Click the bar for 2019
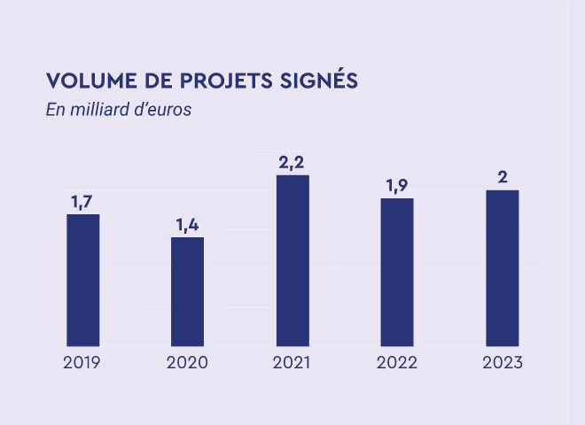coord(82,279)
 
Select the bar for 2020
coord(187,290)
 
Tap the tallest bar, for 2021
coord(292,259)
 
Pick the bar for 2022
coord(397,271)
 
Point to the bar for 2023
coord(502,267)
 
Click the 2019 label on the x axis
coord(82,363)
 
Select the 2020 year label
coord(187,363)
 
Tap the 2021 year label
coord(292,363)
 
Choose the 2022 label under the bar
coord(397,363)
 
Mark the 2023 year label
coord(503,363)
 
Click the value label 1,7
coord(82,202)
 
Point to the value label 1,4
coord(187,225)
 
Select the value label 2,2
coord(292,162)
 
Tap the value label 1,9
coord(397,186)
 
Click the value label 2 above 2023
coord(503,177)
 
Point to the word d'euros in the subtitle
coord(163,112)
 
